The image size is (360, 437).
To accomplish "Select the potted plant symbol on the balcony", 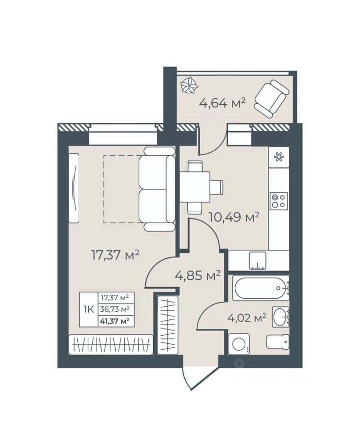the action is click(190, 85).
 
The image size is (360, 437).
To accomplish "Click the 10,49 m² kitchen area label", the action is click(234, 217).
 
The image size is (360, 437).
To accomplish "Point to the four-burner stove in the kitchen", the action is click(278, 201).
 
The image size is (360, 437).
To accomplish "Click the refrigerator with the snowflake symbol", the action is click(278, 157).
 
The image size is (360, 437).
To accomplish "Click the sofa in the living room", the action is click(157, 189).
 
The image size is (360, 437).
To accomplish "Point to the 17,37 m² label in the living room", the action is click(115, 255).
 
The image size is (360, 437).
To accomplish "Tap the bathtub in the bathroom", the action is click(261, 288).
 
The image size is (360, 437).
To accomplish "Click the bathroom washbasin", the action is click(280, 317).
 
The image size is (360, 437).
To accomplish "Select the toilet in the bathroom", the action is click(277, 342).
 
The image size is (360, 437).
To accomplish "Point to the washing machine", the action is click(239, 344).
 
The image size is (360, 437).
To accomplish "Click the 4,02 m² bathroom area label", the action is click(247, 317).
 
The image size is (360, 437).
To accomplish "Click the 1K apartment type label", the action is click(89, 309).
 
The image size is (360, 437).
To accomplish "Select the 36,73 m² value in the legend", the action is click(115, 309).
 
